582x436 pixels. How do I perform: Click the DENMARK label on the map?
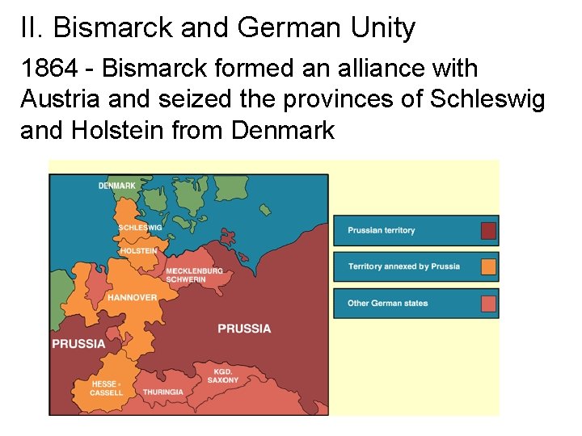pos(117,187)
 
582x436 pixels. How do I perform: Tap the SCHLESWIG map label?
pos(141,228)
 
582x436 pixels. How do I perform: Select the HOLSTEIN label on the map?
pos(139,251)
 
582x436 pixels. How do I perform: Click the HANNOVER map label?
pos(133,298)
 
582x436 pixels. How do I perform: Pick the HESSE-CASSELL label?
pos(107,388)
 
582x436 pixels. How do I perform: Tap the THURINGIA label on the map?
pos(163,392)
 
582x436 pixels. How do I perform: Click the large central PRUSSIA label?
pos(244,329)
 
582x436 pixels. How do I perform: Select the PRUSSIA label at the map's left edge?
pos(78,343)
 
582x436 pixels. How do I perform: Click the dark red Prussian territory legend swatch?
pos(488,231)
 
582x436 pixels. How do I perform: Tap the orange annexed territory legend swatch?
pos(488,267)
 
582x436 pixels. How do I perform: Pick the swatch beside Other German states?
pos(488,304)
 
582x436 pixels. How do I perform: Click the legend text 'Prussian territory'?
pos(382,231)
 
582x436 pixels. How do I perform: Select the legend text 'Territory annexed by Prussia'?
pos(403,266)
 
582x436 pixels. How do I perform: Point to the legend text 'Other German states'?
pos(388,304)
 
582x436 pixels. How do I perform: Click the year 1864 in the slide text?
pos(48,70)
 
